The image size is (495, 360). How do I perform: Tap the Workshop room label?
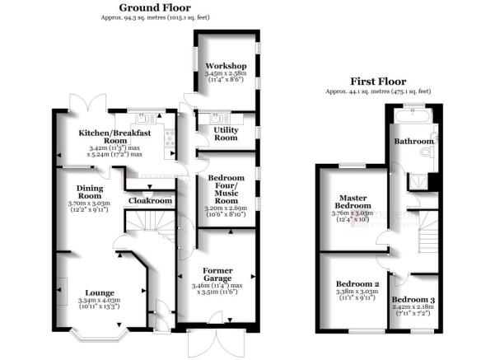[x=226, y=65]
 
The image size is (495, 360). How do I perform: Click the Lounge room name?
[x=100, y=292]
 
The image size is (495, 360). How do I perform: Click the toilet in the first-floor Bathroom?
[x=427, y=154]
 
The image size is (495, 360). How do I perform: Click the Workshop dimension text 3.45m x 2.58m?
[x=226, y=74]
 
